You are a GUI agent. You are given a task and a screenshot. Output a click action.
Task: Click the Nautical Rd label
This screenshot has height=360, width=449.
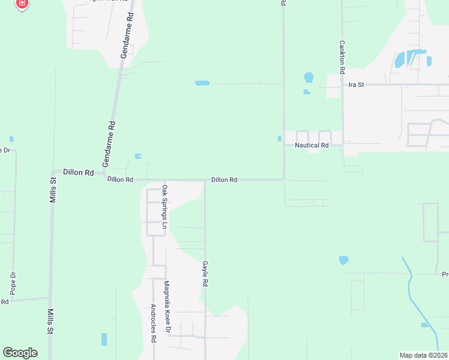point(312,145)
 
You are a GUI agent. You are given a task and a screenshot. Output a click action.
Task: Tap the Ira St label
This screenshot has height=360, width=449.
point(356,85)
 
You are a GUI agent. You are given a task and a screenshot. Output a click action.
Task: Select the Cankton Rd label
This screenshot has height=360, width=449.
point(342,57)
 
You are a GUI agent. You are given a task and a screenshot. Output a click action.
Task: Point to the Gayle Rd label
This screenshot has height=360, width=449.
point(205,273)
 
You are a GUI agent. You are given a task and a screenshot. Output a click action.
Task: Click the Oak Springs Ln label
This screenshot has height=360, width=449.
point(164,208)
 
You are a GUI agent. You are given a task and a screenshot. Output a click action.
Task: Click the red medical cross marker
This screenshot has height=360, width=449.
point(22,4)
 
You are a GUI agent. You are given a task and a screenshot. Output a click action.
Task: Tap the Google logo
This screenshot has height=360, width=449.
point(20,353)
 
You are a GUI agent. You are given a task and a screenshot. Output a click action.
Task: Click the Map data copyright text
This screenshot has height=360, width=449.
point(424,355)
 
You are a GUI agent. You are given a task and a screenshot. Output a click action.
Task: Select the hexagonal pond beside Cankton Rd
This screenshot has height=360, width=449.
point(309,77)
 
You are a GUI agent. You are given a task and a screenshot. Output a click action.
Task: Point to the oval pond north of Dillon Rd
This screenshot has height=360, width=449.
point(202,83)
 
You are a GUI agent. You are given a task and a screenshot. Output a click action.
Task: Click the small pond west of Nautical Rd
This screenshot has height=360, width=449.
point(279,139)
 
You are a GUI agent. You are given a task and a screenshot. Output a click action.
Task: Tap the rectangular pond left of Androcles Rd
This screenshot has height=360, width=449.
point(104,339)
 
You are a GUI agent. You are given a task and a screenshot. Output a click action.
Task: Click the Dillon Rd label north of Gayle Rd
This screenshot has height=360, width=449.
point(224,179)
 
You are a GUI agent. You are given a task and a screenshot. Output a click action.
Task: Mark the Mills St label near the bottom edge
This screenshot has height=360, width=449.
point(50,322)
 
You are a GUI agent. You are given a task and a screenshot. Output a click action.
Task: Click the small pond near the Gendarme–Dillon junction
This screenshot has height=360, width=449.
point(138,156)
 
